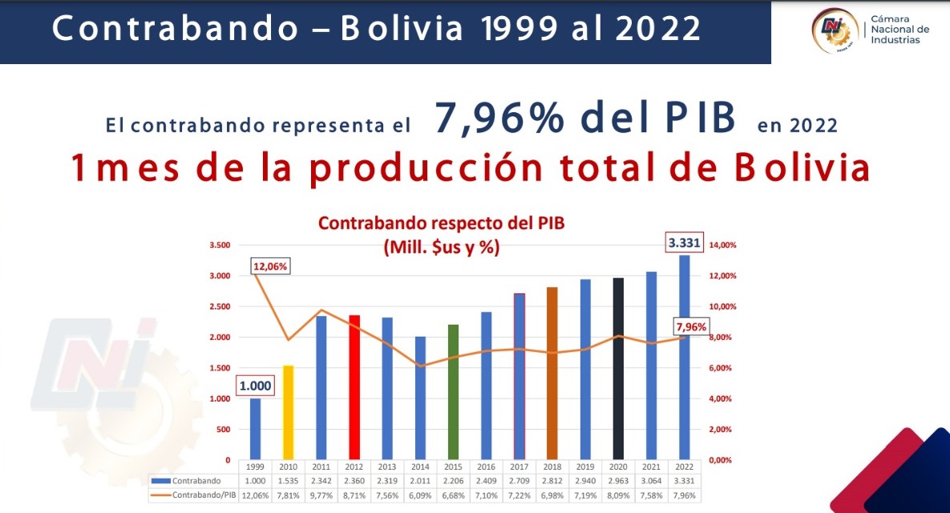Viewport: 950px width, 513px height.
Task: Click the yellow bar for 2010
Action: coord(289,413)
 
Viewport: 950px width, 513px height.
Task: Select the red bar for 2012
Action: coord(354,387)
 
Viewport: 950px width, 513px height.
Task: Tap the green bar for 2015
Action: coord(453,392)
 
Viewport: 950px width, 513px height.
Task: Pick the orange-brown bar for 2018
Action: coord(552,373)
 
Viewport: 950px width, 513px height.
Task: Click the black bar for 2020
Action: coord(618,369)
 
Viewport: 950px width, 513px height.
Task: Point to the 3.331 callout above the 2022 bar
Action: coord(684,243)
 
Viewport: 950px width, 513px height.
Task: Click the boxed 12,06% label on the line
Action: coord(270,266)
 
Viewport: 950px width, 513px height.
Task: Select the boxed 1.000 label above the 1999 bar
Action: coord(255,386)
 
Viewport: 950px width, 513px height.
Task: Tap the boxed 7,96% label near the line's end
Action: coord(691,327)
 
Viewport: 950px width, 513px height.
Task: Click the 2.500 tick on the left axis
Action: coord(220,306)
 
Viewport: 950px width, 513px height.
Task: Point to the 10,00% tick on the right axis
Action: coord(723,306)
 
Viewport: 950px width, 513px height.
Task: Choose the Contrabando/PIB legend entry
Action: coord(193,495)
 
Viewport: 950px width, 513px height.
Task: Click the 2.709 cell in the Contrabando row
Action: coord(519,481)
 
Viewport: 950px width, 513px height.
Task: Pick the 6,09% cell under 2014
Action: coord(420,495)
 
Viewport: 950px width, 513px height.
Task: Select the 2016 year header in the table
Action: coord(486,467)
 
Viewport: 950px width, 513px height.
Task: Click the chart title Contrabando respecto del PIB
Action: coord(441,224)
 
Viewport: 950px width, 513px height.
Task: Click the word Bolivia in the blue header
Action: coord(402,29)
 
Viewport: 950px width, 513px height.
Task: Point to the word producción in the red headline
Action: coord(426,168)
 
